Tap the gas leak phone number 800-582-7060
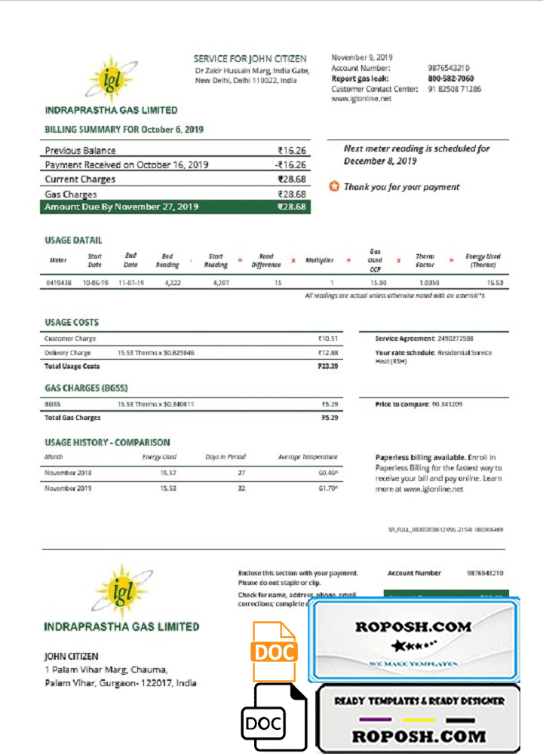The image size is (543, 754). (x=451, y=78)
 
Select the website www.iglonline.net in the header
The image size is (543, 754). (x=361, y=99)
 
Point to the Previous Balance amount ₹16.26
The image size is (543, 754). (x=291, y=151)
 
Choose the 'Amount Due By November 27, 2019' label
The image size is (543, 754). (x=121, y=207)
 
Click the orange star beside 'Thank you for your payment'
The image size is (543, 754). (x=334, y=186)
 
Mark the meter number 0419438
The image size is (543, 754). (x=58, y=283)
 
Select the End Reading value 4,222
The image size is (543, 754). (x=167, y=283)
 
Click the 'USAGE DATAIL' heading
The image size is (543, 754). (x=73, y=241)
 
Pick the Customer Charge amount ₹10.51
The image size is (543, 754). (x=328, y=339)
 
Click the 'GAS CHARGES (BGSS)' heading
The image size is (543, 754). (x=86, y=388)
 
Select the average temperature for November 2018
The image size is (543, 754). (x=327, y=473)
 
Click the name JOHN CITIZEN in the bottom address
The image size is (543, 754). (x=72, y=657)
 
